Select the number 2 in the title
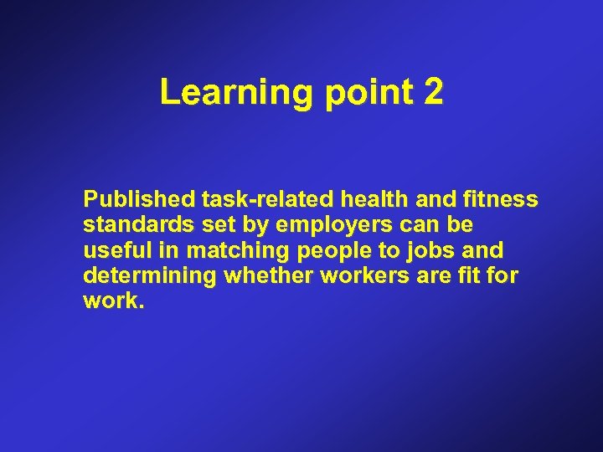pyautogui.click(x=433, y=93)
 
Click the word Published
pyautogui.click(x=138, y=200)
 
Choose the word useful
pyautogui.click(x=112, y=250)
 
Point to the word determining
pyautogui.click(x=150, y=277)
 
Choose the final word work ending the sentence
pyautogui.click(x=111, y=300)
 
